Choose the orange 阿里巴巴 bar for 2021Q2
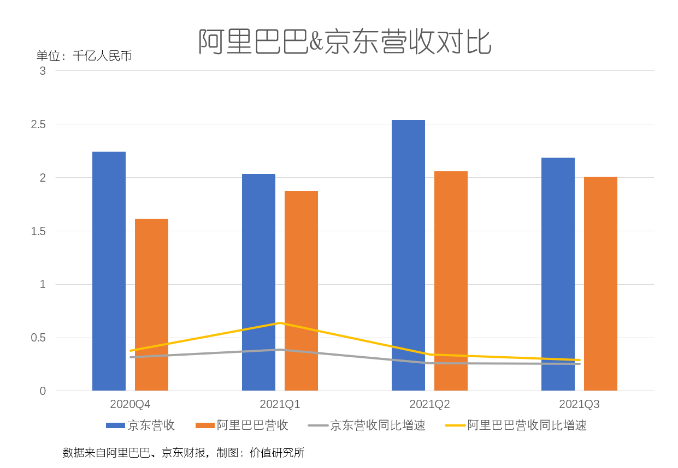tap(451, 281)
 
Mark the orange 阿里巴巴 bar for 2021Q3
tap(600, 284)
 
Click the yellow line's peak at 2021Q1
tap(280, 323)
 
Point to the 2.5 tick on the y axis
tap(38, 124)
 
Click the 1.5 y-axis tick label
tap(38, 231)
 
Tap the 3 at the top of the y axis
tap(43, 71)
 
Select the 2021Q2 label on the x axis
tap(429, 405)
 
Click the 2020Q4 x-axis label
tap(130, 405)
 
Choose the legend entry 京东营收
tap(141, 425)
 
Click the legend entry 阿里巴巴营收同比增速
tap(516, 425)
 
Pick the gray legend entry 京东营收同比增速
tap(367, 425)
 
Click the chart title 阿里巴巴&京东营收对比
tap(345, 42)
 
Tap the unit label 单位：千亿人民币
tap(84, 56)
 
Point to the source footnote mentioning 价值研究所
tap(184, 453)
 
